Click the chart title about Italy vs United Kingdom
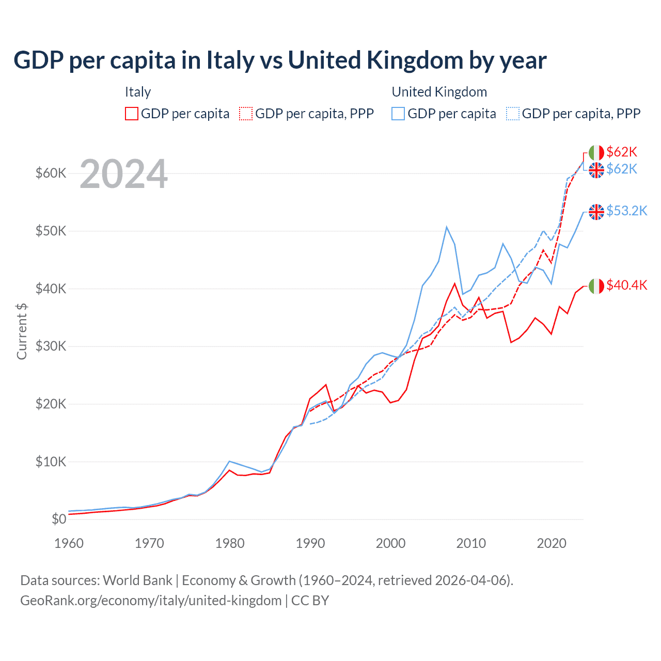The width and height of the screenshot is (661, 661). [279, 60]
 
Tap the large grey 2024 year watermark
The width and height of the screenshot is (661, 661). [123, 174]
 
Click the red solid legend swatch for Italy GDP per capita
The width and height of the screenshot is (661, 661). [132, 114]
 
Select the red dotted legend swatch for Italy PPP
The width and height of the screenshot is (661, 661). [246, 114]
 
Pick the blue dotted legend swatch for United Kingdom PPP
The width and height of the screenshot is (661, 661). [513, 114]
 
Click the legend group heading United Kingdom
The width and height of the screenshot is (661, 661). [439, 92]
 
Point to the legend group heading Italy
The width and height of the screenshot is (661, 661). [138, 92]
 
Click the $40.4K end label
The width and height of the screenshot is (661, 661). [626, 285]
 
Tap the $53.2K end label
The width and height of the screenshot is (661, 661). [626, 211]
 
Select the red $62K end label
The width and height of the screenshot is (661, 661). [622, 152]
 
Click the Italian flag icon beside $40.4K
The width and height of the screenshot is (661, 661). [596, 286]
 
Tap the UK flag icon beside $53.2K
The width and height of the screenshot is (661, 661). [596, 212]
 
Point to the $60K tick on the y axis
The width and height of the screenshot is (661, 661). [51, 173]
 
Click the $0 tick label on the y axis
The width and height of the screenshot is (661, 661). [59, 519]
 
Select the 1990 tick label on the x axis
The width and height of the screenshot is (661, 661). [310, 543]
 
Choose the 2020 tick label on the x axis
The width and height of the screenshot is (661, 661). [552, 543]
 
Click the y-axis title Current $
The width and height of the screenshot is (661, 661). [22, 331]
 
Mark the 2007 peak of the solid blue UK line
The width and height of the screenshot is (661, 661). [447, 227]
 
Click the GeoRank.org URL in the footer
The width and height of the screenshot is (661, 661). [151, 601]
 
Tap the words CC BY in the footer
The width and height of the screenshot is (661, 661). [310, 601]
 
